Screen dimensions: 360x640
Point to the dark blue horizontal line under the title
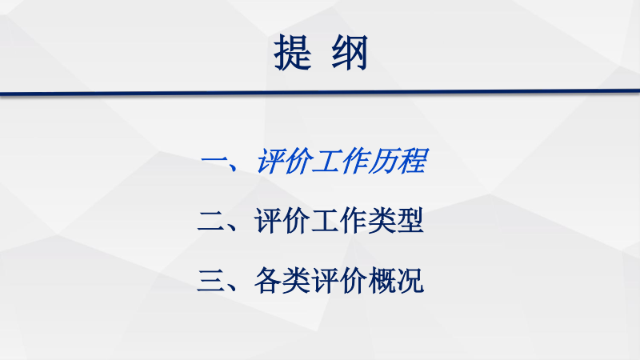320,93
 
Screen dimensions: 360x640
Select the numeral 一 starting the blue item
214,163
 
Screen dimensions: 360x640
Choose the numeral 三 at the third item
212,282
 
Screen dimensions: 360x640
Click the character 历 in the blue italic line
382,162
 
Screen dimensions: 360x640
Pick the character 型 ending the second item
410,222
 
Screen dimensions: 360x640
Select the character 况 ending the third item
410,282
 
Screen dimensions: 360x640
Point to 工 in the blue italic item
326,162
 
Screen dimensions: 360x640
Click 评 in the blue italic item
270,162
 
